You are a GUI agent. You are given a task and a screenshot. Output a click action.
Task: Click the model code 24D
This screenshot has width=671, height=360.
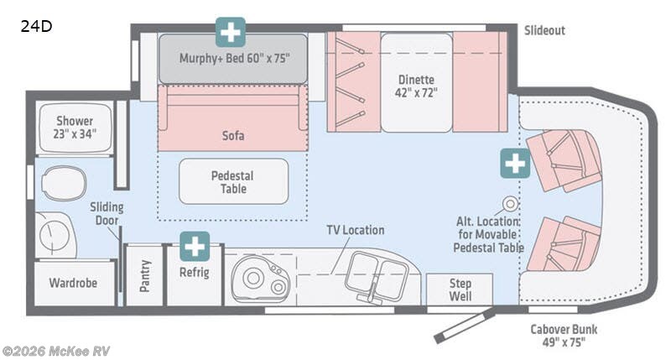[37, 26]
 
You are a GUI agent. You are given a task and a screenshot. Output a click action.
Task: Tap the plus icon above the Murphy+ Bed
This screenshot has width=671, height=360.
[231, 31]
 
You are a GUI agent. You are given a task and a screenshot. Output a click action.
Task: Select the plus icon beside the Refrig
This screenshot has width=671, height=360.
[195, 246]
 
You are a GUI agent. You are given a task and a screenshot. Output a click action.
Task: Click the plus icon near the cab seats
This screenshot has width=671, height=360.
[515, 163]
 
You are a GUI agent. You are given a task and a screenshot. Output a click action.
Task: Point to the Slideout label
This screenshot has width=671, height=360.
[544, 30]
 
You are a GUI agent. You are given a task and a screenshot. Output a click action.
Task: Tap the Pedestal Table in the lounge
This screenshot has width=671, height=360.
[233, 181]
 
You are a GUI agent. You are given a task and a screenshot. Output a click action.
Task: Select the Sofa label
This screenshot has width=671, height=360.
[233, 134]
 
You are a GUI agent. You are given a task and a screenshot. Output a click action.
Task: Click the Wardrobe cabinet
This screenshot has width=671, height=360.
[74, 283]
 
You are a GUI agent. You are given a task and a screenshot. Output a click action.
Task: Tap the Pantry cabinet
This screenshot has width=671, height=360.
[144, 275]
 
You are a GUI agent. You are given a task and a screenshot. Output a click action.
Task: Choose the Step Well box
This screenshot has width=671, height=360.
[460, 290]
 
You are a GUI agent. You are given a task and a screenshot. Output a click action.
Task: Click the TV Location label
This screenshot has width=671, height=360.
[356, 230]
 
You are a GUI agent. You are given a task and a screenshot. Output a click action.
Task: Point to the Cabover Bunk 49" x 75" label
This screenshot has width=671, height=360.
[557, 335]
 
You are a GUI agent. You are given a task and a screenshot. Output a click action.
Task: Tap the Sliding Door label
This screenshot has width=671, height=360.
[107, 214]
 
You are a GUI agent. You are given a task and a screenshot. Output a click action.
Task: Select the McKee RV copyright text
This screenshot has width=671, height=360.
[56, 351]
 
